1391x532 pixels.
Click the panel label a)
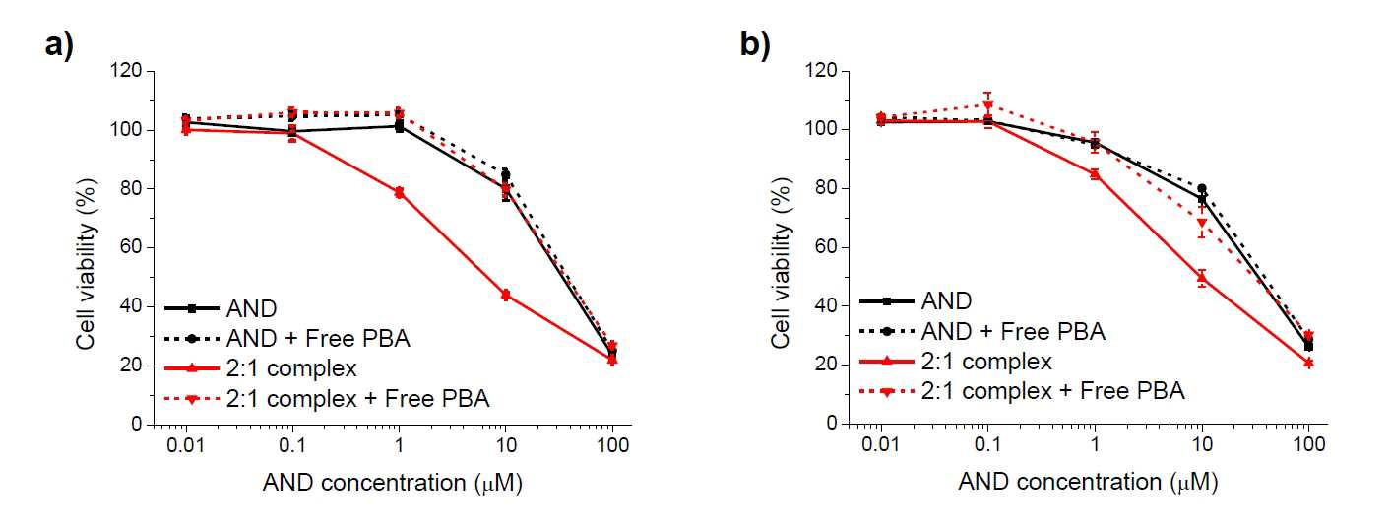click(59, 45)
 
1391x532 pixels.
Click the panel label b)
click(755, 45)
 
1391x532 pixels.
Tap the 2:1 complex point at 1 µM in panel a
click(399, 193)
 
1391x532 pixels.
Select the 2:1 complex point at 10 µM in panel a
click(506, 295)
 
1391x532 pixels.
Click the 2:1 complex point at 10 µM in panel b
click(1202, 278)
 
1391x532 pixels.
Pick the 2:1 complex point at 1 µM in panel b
click(1095, 174)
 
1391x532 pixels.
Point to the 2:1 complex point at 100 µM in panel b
click(1308, 363)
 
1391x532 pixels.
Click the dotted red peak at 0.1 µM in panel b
click(988, 105)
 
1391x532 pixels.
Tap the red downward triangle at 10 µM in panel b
click(1202, 223)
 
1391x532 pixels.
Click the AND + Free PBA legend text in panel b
click(1013, 331)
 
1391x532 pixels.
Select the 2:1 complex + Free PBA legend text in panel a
click(357, 398)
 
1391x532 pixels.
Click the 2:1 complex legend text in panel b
click(986, 362)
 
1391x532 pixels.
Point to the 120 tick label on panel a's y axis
click(126, 70)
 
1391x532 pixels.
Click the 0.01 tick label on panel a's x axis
click(186, 445)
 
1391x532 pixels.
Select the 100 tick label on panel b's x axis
click(1308, 444)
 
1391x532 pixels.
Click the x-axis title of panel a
click(393, 483)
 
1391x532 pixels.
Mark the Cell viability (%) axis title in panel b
click(782, 263)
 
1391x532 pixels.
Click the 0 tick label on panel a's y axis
click(137, 424)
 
